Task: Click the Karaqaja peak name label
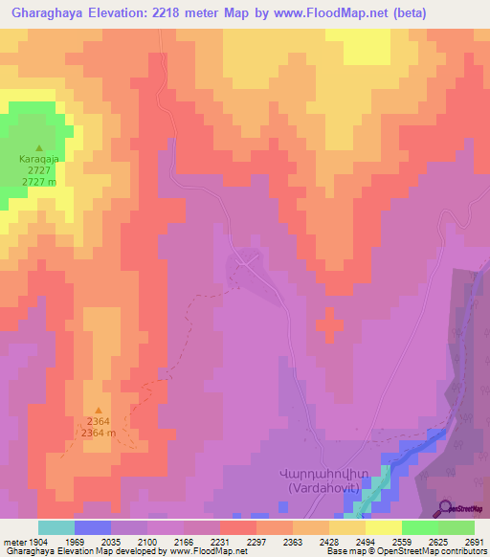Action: pyautogui.click(x=38, y=161)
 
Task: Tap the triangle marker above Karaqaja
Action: pyautogui.click(x=38, y=148)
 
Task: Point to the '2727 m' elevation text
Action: pyautogui.click(x=38, y=182)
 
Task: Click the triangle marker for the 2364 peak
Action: pyautogui.click(x=98, y=411)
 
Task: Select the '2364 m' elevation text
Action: pyautogui.click(x=98, y=433)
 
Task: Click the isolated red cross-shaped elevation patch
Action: pyautogui.click(x=328, y=324)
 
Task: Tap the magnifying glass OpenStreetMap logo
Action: pyautogui.click(x=446, y=506)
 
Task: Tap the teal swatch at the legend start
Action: pyautogui.click(x=56, y=527)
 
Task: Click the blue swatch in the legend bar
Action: pyautogui.click(x=93, y=527)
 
